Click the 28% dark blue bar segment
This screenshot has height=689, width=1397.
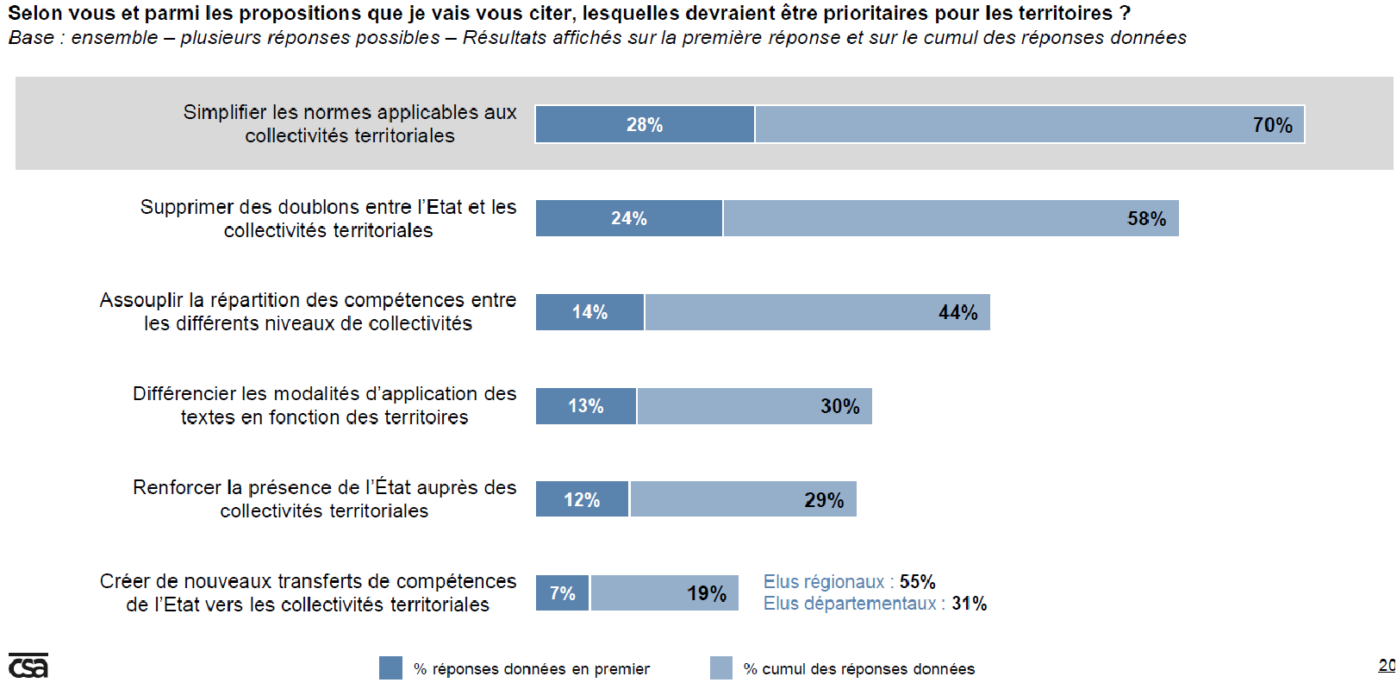645,124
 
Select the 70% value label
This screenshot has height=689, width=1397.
1272,125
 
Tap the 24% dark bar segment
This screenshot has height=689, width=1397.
629,218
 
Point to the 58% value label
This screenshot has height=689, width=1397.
1146,219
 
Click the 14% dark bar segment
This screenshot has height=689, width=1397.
590,312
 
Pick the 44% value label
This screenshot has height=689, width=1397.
957,312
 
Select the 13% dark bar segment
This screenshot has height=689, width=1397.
586,406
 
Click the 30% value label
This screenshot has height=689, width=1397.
839,406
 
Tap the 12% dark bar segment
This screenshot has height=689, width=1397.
582,500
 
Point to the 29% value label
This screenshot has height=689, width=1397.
824,500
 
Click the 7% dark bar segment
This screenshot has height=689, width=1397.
563,593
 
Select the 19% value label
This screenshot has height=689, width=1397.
707,593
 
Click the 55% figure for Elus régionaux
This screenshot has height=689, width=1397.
917,582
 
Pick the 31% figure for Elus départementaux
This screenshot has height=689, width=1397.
969,604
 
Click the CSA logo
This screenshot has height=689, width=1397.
28,666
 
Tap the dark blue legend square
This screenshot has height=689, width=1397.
390,668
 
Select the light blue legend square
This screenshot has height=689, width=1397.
721,668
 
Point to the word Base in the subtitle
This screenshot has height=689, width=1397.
30,38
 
